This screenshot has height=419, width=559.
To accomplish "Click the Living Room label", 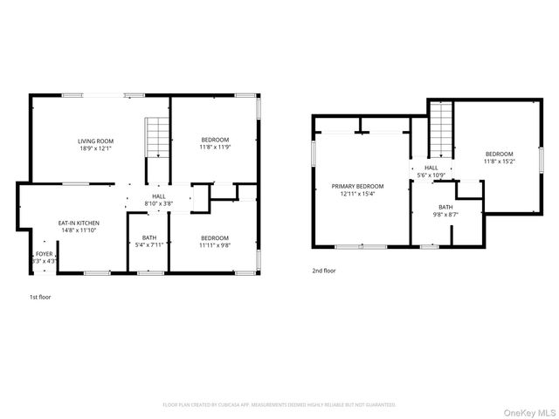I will coord(96,141).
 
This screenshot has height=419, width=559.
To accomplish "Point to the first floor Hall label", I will coord(159,196).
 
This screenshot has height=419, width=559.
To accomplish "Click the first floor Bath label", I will coord(149,238).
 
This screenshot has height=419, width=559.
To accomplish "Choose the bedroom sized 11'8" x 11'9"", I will coord(215,141).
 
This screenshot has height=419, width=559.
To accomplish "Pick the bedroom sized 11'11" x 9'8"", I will coord(214,238).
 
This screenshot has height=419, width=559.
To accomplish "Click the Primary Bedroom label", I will coord(357,186).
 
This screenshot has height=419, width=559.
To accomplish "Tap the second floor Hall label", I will coord(431,168).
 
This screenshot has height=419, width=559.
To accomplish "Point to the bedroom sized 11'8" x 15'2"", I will coord(500,155).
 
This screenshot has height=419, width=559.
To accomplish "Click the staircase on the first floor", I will coord(156,137).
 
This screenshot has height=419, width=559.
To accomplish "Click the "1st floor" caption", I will coord(40,298).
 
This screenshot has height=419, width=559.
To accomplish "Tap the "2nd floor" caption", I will coord(324,271).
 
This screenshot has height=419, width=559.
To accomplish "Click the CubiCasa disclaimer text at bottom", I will coord(279,405).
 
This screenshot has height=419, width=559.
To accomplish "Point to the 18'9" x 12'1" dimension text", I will coord(96,148).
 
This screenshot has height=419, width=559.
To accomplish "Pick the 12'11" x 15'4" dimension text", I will coord(357,193).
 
